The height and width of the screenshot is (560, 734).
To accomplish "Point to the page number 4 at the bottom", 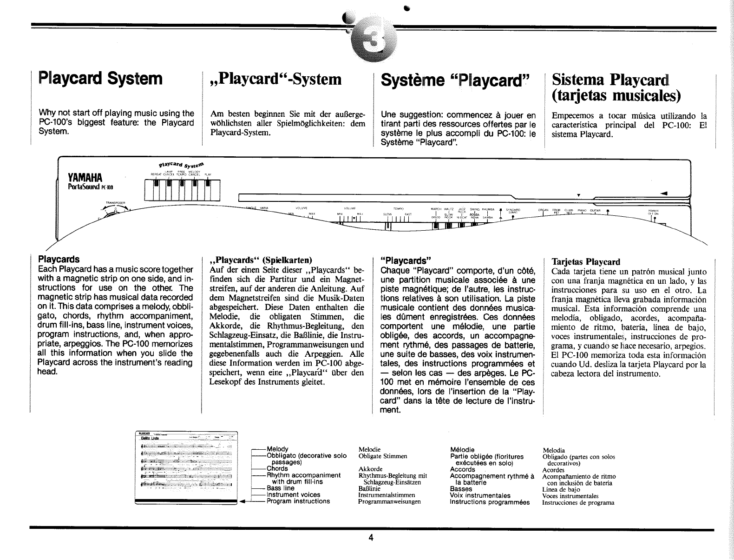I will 370,538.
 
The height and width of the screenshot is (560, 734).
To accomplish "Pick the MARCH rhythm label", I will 436,209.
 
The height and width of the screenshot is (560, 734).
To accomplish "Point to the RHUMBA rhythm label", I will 489,209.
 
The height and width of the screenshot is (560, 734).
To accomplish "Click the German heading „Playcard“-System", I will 276,79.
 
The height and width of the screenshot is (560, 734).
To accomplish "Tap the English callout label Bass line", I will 280,488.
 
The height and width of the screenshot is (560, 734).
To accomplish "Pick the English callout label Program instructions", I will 298,501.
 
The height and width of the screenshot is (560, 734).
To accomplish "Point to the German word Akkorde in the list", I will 371,469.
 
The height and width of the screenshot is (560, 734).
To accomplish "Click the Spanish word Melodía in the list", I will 554,450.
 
